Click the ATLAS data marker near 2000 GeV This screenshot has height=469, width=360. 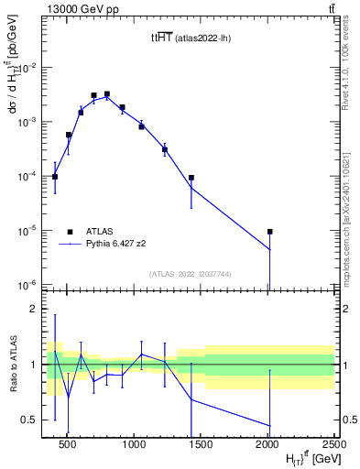(270, 232)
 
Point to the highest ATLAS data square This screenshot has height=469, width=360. (107, 93)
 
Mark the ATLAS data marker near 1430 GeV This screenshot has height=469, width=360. (191, 178)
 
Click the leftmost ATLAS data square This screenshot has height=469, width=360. (55, 177)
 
